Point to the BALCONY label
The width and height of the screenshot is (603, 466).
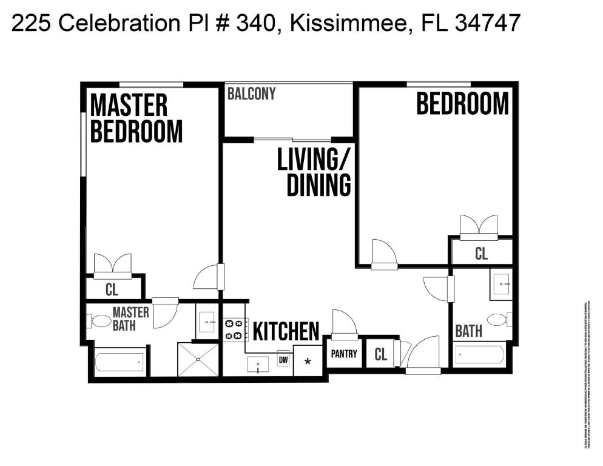pyautogui.click(x=251, y=94)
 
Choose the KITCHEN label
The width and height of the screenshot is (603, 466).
pyautogui.click(x=285, y=332)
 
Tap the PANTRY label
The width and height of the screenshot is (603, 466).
pyautogui.click(x=344, y=354)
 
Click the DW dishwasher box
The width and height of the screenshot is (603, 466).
pyautogui.click(x=283, y=360)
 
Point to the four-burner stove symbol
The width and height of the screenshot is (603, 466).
pyautogui.click(x=234, y=329)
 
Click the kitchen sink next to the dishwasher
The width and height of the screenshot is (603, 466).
pyautogui.click(x=258, y=364)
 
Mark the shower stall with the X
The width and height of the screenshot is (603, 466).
pyautogui.click(x=198, y=359)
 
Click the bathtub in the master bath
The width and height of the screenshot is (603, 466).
pyautogui.click(x=120, y=362)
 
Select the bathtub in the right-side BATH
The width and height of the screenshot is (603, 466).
pyautogui.click(x=479, y=355)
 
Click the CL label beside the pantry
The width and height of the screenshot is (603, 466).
pyautogui.click(x=380, y=354)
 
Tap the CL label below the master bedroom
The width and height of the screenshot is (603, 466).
pyautogui.click(x=112, y=289)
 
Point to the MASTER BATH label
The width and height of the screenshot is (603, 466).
pyautogui.click(x=130, y=319)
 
